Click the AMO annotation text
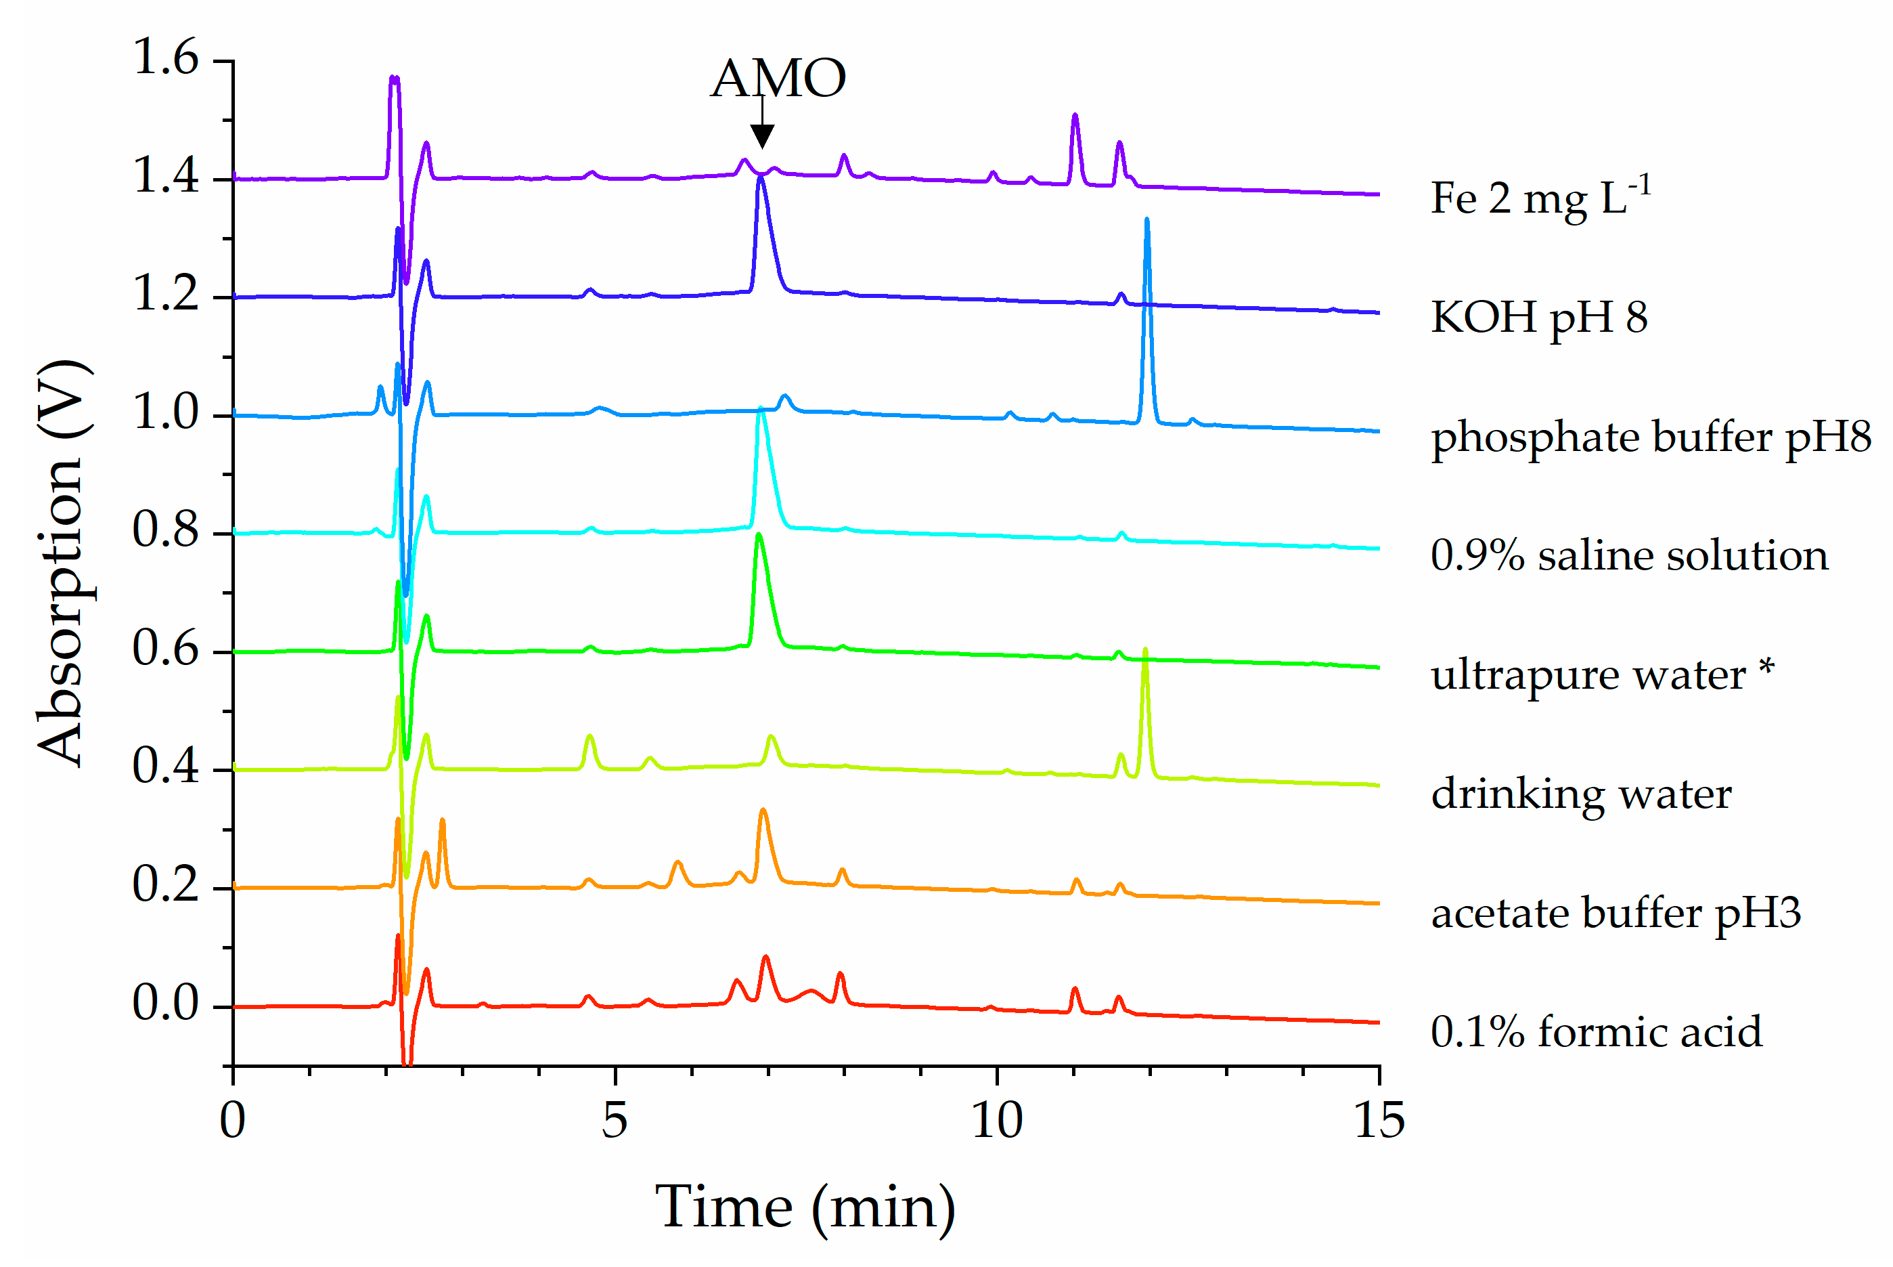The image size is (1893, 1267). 778,79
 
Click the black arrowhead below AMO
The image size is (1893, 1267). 761,135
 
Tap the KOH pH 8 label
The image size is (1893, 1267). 1538,317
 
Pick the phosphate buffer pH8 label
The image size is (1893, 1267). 1650,437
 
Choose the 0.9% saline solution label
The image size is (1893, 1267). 1629,556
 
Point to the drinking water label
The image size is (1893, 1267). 1580,794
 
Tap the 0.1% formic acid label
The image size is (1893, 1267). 1596,1032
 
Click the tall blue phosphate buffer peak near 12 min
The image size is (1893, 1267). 1146,222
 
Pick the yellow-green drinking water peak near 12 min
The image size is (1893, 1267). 1144,651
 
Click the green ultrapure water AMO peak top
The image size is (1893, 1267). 758,536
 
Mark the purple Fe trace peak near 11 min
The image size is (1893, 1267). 1075,117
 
